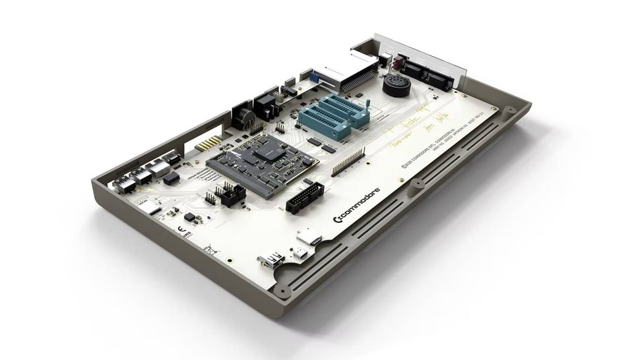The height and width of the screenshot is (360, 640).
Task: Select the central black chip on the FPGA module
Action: pyautogui.click(x=266, y=151)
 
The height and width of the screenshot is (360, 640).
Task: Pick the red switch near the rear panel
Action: pyautogui.click(x=399, y=63)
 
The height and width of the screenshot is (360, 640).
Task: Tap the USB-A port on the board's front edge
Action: pyautogui.click(x=272, y=259)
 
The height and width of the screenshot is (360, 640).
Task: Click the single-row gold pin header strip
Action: pyautogui.click(x=348, y=162)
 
